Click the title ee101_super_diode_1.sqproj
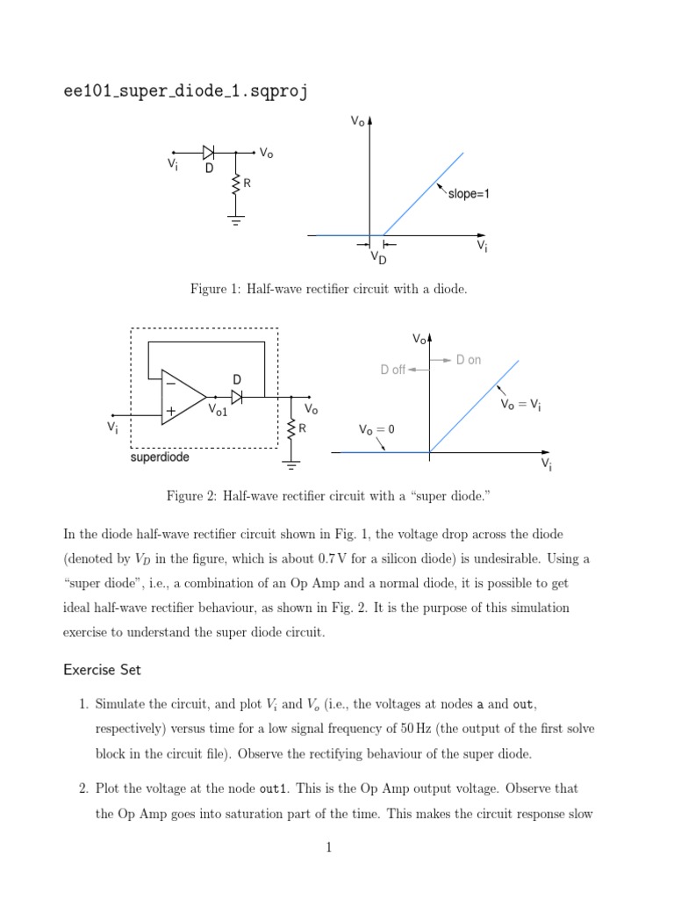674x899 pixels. pyautogui.click(x=185, y=91)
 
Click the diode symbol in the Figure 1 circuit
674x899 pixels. pyautogui.click(x=209, y=152)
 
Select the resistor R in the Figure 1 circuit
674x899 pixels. pyautogui.click(x=235, y=184)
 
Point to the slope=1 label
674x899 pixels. pyautogui.click(x=469, y=194)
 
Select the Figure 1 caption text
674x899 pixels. pyautogui.click(x=328, y=289)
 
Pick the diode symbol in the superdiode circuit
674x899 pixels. pyautogui.click(x=236, y=397)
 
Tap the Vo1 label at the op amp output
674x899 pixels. pyautogui.click(x=218, y=410)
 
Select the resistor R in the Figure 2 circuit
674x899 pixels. pyautogui.click(x=290, y=428)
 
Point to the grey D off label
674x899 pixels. pyautogui.click(x=392, y=370)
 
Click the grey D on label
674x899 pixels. pyautogui.click(x=469, y=360)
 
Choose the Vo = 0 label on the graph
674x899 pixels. pyautogui.click(x=376, y=429)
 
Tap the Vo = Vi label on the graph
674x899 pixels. pyautogui.click(x=520, y=404)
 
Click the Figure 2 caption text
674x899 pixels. pyautogui.click(x=327, y=497)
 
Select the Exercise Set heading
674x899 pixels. pyautogui.click(x=102, y=670)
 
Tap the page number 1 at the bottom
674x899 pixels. pyautogui.click(x=328, y=872)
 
